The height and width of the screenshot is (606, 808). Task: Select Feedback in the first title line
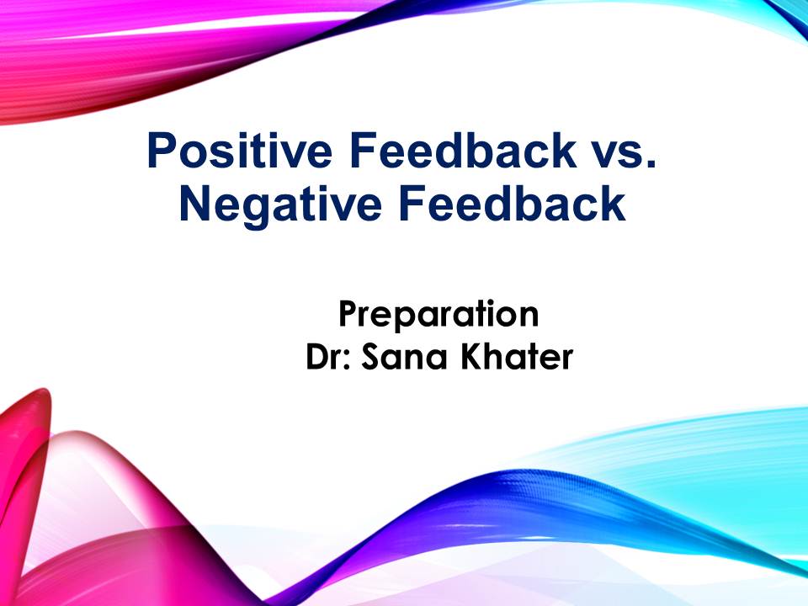462,150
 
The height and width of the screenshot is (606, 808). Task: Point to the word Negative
280,205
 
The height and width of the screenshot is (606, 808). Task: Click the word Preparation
439,314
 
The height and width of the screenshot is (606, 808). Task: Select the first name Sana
404,356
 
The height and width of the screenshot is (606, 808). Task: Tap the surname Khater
517,356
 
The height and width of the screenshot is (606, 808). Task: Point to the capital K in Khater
471,356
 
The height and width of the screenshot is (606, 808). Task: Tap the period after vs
652,164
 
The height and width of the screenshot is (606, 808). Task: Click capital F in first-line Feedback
363,150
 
